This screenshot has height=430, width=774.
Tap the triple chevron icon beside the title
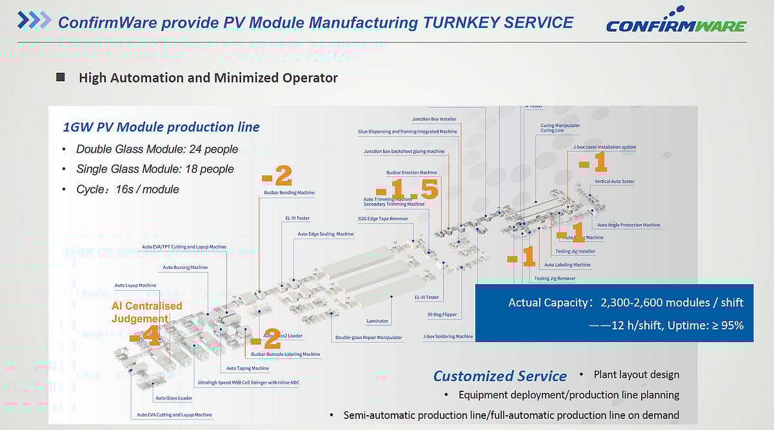pyautogui.click(x=34, y=21)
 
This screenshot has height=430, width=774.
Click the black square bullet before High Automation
pyautogui.click(x=61, y=77)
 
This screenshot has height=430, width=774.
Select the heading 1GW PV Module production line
pyautogui.click(x=161, y=127)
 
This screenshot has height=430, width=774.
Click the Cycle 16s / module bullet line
pyautogui.click(x=127, y=190)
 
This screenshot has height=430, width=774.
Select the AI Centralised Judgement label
pyautogui.click(x=147, y=312)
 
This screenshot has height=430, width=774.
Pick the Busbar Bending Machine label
pyautogui.click(x=289, y=193)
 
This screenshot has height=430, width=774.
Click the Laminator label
pyautogui.click(x=377, y=321)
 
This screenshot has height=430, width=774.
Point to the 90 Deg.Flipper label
pyautogui.click(x=441, y=315)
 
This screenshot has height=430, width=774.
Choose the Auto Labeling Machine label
pyautogui.click(x=567, y=265)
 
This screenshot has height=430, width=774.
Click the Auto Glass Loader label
pyautogui.click(x=174, y=398)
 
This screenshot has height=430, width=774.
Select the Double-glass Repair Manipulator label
pyautogui.click(x=368, y=338)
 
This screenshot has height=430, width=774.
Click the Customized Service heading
pyautogui.click(x=499, y=376)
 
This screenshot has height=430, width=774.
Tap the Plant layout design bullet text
pyautogui.click(x=636, y=375)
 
